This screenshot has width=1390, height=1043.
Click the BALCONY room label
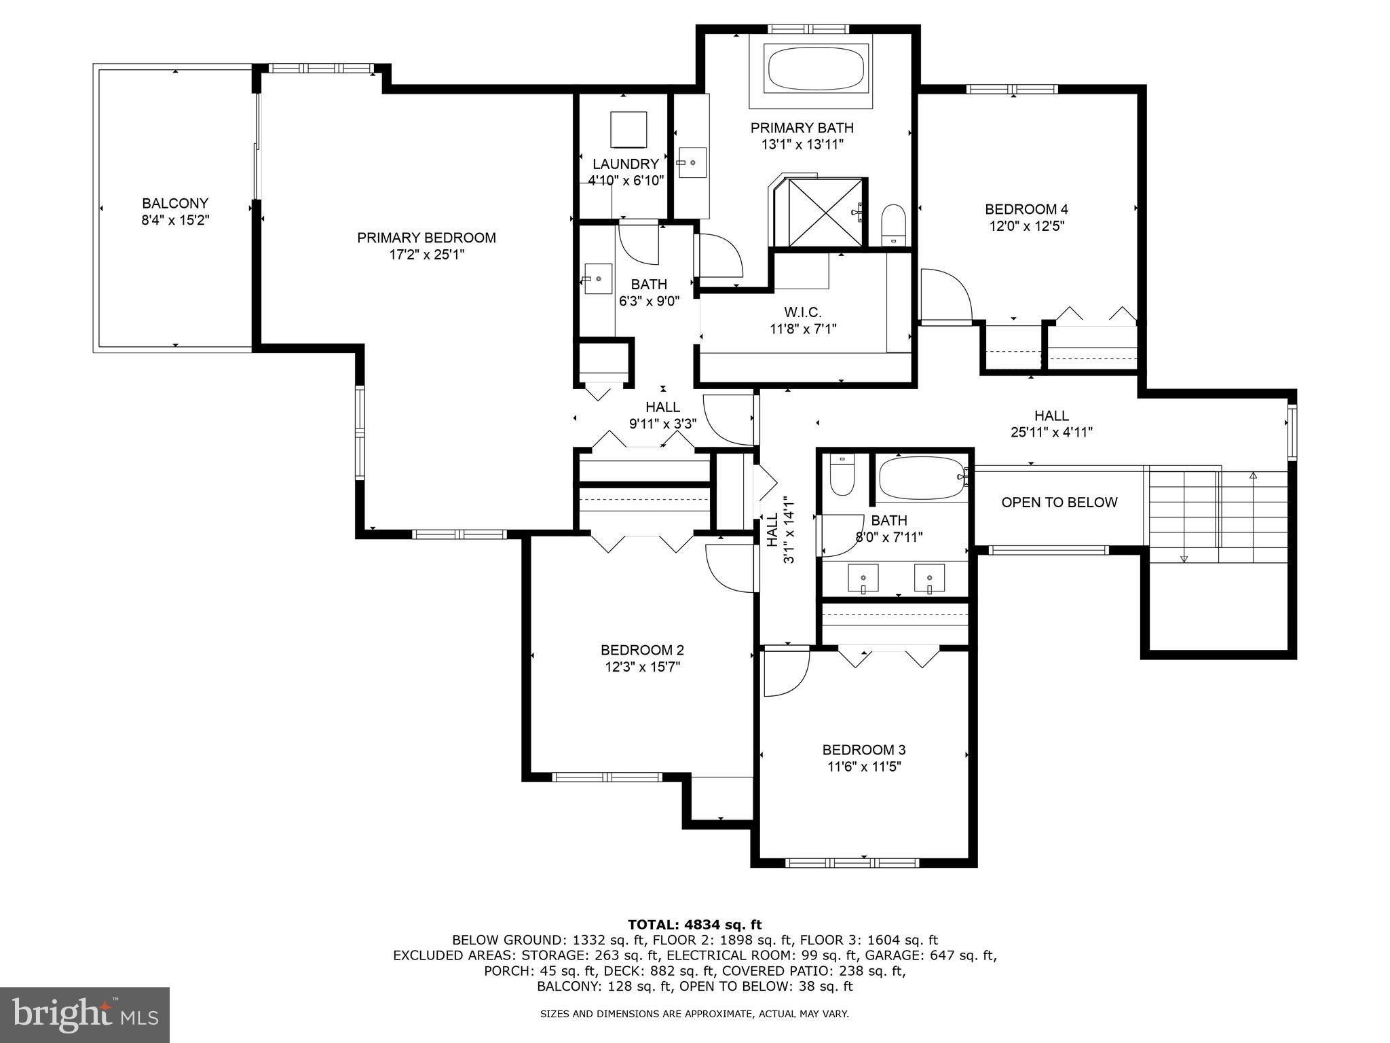coord(174,203)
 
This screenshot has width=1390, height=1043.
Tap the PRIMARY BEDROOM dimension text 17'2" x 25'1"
coord(426,255)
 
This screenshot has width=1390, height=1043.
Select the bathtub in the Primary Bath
coord(816,68)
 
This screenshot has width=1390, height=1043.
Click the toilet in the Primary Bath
coord(894,224)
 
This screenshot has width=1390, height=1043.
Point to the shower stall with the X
coord(826,212)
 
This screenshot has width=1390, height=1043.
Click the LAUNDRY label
coord(625,164)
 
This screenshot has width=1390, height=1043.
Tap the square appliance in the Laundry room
coord(628,129)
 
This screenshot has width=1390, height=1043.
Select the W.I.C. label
coord(802,312)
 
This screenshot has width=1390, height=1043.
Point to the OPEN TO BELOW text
coord(1059,502)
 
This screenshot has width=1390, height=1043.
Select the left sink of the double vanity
coord(863,579)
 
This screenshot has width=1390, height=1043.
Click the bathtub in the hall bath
coord(922,478)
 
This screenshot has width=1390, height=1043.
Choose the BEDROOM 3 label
coord(863,750)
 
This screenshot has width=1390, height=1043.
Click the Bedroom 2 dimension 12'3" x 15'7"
coord(642,667)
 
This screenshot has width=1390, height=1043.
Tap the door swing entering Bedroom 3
coord(785,672)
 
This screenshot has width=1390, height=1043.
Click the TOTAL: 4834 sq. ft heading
coord(694,924)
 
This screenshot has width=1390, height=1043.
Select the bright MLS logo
coord(85,1014)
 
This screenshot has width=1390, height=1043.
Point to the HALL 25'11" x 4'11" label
coord(1051,424)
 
